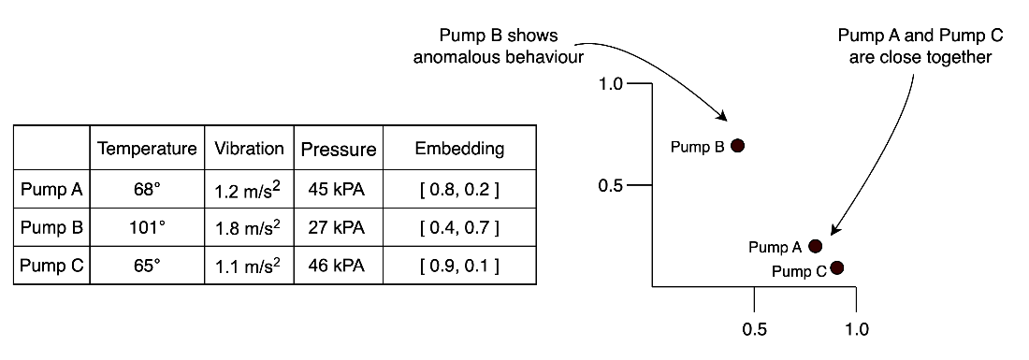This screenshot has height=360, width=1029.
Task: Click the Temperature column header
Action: (x=147, y=149)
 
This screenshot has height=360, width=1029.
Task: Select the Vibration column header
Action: (x=249, y=148)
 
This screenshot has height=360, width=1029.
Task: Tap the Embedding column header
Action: (x=459, y=149)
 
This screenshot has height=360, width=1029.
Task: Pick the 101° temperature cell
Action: (x=147, y=228)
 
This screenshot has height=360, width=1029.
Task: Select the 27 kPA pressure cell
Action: (x=338, y=228)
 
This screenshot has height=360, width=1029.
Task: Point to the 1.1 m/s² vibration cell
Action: (x=249, y=266)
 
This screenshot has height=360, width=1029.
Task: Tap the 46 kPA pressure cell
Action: (x=338, y=266)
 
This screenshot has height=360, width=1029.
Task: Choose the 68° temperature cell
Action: (x=147, y=191)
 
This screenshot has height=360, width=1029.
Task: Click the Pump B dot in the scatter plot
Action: (x=738, y=146)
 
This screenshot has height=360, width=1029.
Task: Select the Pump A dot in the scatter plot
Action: (x=815, y=246)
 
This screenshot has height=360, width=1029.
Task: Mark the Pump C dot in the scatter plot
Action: (x=836, y=266)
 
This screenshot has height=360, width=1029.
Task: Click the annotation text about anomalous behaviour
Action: (x=498, y=47)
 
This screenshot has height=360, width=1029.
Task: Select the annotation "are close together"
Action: (x=920, y=57)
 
